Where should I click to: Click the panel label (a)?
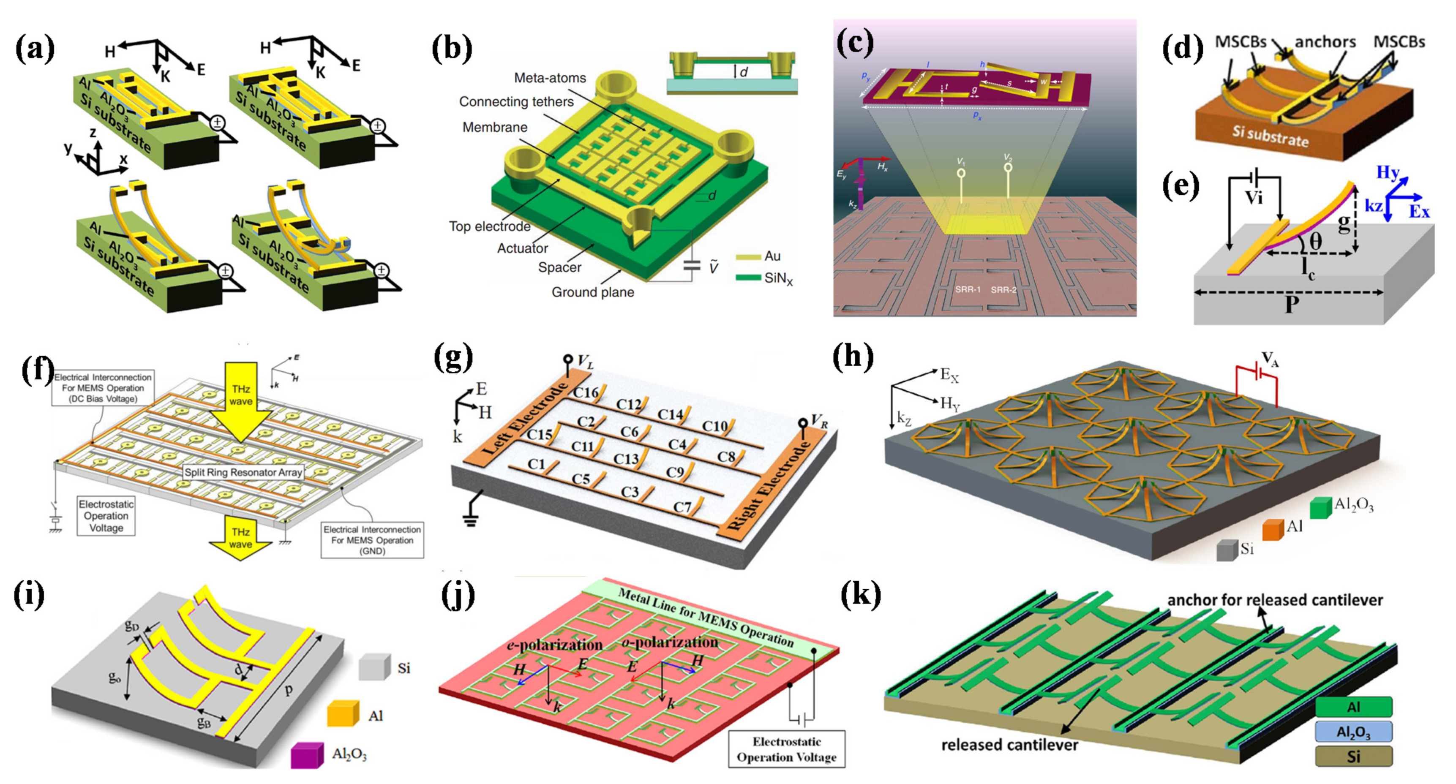click(35, 49)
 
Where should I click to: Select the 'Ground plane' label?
click(592, 292)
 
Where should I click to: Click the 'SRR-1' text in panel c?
click(967, 289)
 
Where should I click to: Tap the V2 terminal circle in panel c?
click(1007, 168)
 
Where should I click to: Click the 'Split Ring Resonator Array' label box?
click(243, 472)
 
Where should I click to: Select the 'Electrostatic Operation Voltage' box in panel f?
click(106, 515)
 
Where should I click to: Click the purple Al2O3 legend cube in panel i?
click(307, 755)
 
